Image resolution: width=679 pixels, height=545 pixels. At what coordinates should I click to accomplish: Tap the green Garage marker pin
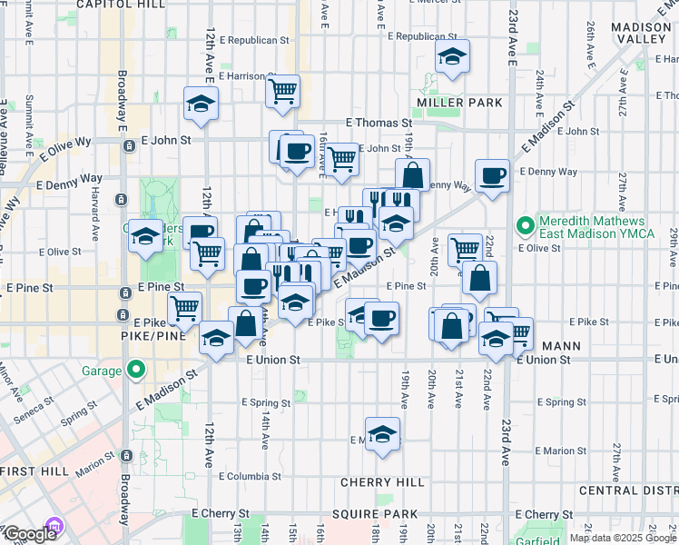coord(135,370)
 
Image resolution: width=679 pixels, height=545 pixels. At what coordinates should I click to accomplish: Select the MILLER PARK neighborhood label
coord(459,103)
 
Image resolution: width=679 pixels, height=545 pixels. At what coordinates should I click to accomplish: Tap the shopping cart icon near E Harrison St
coord(283,91)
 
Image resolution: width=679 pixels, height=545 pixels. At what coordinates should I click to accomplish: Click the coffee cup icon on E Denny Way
coord(493,175)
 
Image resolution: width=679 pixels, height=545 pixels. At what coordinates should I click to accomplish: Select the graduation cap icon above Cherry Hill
coord(383,432)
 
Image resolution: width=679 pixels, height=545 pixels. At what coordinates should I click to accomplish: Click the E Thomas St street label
coord(379,122)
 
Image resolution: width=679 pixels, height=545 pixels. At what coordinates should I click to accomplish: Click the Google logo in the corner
coord(30,534)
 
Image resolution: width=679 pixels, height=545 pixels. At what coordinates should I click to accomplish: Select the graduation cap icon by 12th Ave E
coord(201,103)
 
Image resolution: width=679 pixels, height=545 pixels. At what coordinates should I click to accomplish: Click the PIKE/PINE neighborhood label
coord(153,335)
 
